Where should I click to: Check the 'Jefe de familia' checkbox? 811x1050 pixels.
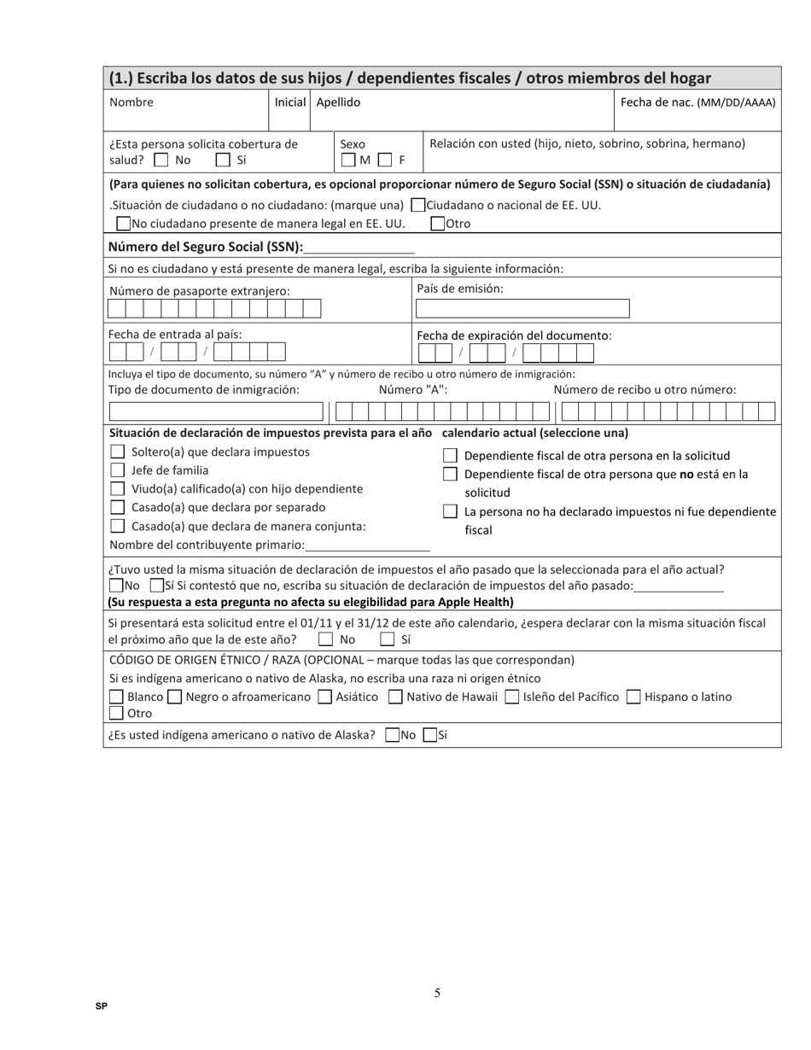(118, 470)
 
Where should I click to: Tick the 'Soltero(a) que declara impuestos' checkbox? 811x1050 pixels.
(118, 452)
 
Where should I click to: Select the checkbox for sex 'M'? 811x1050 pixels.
(348, 160)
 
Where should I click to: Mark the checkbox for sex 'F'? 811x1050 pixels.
(385, 160)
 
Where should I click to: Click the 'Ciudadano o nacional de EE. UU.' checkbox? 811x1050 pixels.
(417, 205)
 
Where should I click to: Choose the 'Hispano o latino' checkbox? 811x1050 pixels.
(633, 697)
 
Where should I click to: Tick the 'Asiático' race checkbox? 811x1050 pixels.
(324, 697)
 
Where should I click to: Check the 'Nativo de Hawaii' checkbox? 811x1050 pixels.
(395, 697)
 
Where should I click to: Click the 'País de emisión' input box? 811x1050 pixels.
(522, 309)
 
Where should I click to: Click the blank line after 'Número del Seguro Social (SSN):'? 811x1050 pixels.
(359, 248)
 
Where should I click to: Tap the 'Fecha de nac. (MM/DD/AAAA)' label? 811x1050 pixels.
(697, 102)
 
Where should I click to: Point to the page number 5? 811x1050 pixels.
(437, 993)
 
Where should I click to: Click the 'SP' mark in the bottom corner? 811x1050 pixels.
(102, 1006)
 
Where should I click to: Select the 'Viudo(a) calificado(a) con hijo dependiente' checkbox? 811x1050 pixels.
(118, 489)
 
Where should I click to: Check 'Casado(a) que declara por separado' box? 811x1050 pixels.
(118, 508)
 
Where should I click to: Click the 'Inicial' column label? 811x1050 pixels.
(290, 102)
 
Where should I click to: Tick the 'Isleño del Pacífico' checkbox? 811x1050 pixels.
(512, 697)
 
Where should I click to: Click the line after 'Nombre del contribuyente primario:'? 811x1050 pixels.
(368, 545)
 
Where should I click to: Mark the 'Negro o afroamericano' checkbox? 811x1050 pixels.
(175, 697)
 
